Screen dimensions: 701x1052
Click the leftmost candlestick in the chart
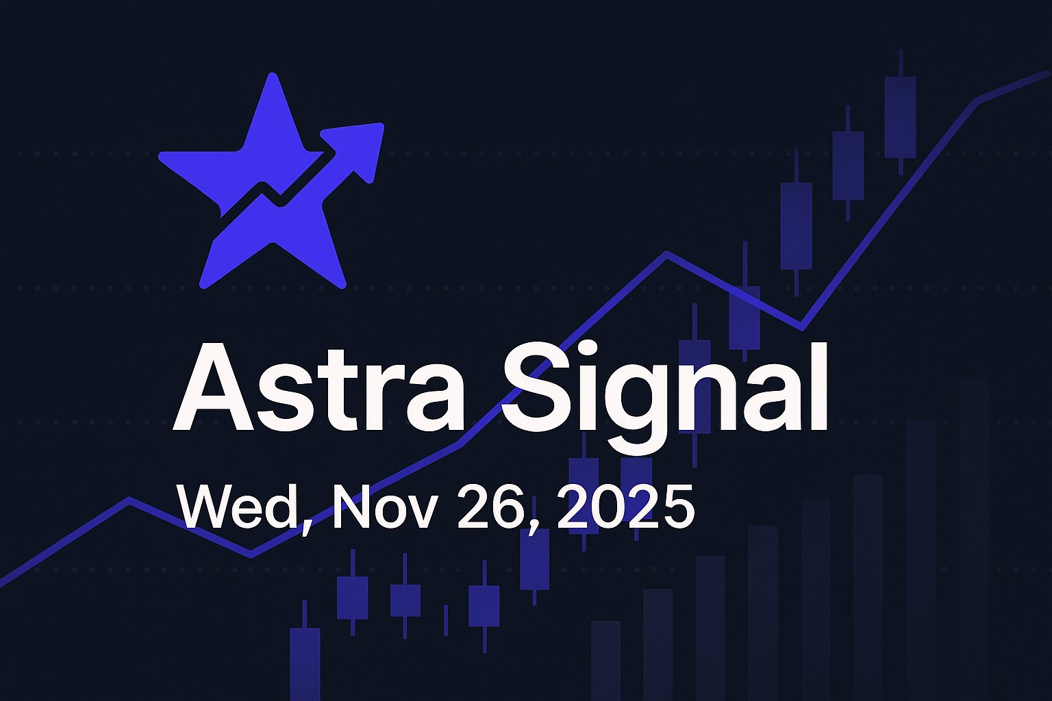pyautogui.click(x=304, y=657)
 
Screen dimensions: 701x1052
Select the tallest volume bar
pyautogui.click(x=974, y=534)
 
